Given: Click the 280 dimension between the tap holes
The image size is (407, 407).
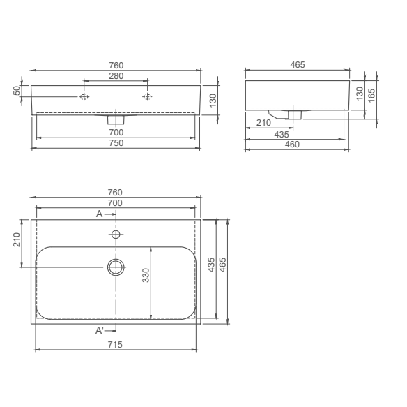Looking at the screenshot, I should (x=115, y=75).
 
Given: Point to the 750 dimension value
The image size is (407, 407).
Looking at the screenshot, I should (x=115, y=143).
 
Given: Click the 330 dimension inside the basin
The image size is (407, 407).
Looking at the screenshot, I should (x=146, y=275).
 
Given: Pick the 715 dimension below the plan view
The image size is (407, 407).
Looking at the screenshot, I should (x=115, y=345).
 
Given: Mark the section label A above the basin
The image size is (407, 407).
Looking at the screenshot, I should (x=99, y=214).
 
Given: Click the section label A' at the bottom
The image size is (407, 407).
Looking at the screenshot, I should (x=100, y=330).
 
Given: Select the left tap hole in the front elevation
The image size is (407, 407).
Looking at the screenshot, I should (x=84, y=97).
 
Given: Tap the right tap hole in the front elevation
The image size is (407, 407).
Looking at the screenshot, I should (x=146, y=97).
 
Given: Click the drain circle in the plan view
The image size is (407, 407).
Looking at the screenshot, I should (x=116, y=267).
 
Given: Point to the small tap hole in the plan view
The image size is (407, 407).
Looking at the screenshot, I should (x=116, y=233).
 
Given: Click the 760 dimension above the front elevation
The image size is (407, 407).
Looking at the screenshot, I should (x=115, y=66).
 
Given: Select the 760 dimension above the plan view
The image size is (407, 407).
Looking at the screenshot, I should (x=115, y=193).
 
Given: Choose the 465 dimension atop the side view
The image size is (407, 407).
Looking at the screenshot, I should (x=297, y=65).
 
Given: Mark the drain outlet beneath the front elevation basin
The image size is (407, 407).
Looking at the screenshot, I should (x=116, y=118).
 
